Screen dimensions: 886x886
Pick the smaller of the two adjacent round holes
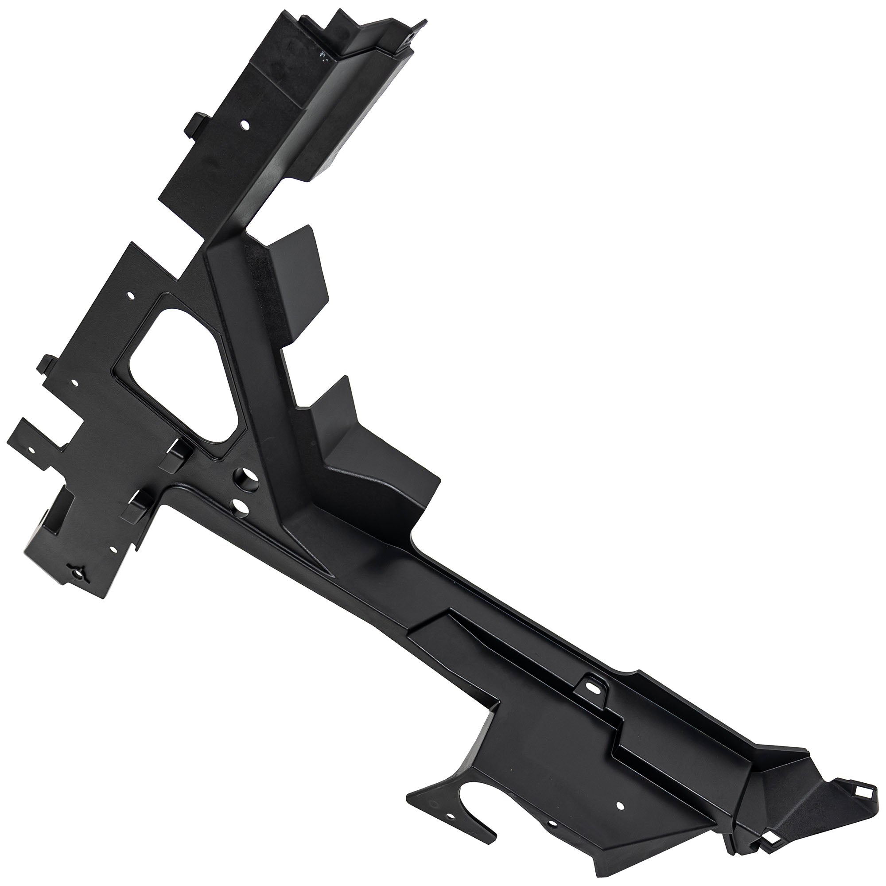click(239, 506)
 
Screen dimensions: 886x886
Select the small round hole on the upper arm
click(245, 124)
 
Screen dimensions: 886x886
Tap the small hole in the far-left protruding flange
click(31, 451)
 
